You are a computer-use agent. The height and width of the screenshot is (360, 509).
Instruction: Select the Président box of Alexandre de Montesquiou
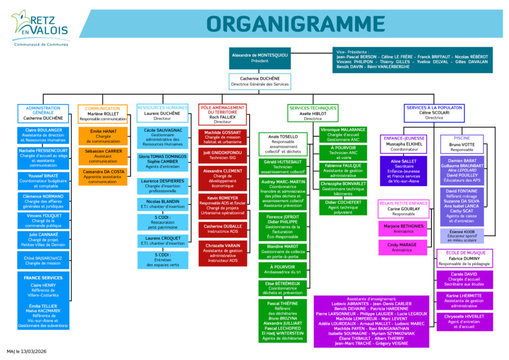click(x=259, y=58)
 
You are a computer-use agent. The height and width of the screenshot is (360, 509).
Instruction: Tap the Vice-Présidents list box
click(x=412, y=60)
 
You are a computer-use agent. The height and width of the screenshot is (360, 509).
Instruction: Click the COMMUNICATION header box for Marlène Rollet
click(x=103, y=113)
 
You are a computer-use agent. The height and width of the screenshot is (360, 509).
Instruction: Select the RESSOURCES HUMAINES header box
click(x=163, y=113)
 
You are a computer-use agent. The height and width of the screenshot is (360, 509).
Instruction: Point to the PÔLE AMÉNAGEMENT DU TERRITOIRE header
click(x=222, y=114)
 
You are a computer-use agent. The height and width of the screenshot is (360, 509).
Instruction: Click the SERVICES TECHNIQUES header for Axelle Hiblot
click(x=313, y=113)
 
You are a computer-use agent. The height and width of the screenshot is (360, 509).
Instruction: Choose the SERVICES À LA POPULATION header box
click(x=434, y=113)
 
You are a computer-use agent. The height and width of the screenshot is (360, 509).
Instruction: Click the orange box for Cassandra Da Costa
click(x=103, y=177)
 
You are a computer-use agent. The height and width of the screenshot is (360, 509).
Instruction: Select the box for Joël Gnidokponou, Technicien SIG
click(x=222, y=156)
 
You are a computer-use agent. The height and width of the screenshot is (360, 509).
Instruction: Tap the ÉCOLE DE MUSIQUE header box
click(x=465, y=258)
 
